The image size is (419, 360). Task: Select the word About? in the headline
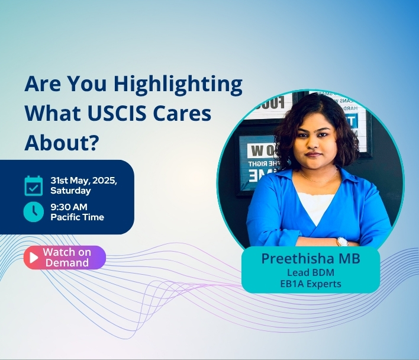click(61, 142)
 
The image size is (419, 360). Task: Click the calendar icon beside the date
click(34, 185)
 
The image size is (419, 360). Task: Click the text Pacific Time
click(77, 217)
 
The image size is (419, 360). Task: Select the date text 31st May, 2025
click(83, 181)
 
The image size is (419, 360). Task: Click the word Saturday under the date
click(70, 191)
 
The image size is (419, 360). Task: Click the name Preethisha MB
click(310, 259)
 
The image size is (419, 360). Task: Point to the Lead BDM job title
click(311, 273)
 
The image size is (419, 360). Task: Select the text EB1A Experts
click(311, 284)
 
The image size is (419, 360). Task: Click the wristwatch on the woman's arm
click(343, 241)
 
